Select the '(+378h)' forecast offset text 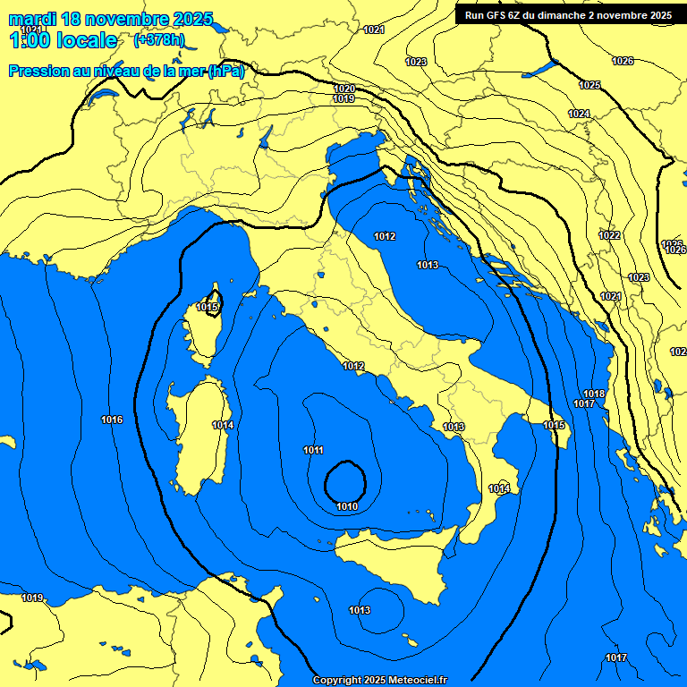(159, 40)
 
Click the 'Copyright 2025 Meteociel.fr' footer (379, 680)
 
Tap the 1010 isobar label (347, 506)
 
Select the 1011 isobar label (314, 450)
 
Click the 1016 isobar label (112, 420)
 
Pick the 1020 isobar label (344, 88)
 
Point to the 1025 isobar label (589, 85)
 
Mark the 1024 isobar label (579, 114)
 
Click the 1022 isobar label (609, 235)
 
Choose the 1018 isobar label (594, 394)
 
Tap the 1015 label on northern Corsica (208, 307)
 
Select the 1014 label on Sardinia (223, 425)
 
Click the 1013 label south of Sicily (360, 610)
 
